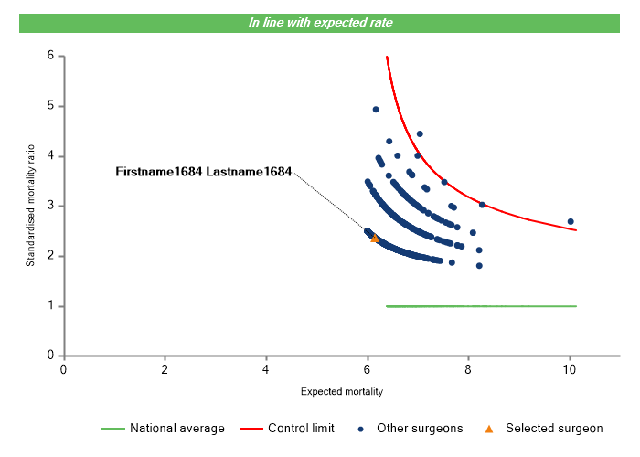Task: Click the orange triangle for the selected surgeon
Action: click(375, 238)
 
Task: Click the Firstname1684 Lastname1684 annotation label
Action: click(203, 172)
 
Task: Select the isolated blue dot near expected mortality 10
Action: click(571, 221)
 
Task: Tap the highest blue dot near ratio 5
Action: click(376, 110)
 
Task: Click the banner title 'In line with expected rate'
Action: click(320, 22)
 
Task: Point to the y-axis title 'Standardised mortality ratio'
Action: click(30, 206)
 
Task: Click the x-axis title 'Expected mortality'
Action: click(341, 391)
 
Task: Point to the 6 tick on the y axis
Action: click(51, 56)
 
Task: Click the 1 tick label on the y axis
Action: click(51, 305)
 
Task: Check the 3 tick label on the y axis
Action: click(51, 206)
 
